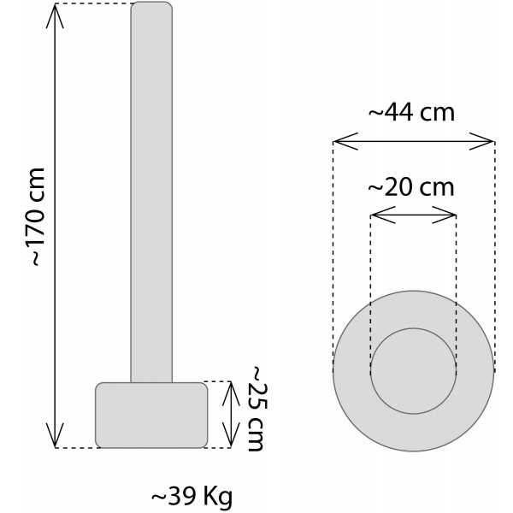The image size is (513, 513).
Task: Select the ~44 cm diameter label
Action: click(x=411, y=112)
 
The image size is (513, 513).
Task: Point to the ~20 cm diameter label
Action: click(x=411, y=187)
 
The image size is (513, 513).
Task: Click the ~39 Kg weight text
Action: click(x=192, y=496)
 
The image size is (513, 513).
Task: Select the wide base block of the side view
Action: click(x=151, y=415)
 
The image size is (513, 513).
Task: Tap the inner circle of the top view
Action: click(x=414, y=371)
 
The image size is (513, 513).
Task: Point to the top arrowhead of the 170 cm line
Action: click(x=56, y=10)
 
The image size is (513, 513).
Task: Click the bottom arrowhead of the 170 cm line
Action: click(x=56, y=440)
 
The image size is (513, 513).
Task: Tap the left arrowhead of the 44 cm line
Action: click(x=339, y=141)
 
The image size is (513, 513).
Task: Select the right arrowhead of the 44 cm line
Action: click(x=488, y=141)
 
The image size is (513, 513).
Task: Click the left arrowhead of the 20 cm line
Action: click(x=377, y=215)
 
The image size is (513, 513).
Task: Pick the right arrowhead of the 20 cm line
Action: click(x=450, y=215)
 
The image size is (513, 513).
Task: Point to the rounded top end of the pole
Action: click(x=151, y=7)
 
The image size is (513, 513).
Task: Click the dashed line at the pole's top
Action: click(x=94, y=4)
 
